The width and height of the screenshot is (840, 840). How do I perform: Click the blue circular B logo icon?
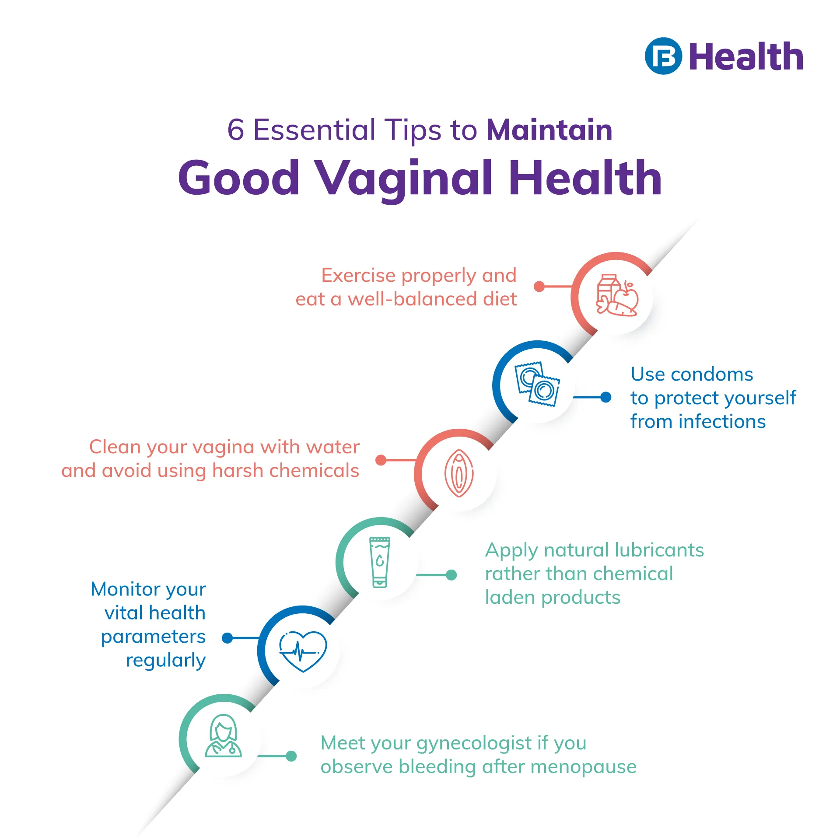(x=663, y=56)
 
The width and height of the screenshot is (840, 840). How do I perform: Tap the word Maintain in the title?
(x=549, y=130)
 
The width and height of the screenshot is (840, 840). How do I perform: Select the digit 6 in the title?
(x=235, y=130)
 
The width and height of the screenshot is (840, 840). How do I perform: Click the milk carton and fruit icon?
(x=617, y=295)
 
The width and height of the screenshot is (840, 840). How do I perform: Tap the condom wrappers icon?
(x=537, y=384)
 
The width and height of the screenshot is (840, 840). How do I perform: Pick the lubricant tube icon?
(x=380, y=562)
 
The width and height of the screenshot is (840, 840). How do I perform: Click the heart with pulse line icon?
(x=303, y=651)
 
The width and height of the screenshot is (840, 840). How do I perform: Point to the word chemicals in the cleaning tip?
(x=314, y=471)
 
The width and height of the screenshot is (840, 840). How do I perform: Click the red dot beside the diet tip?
(x=539, y=287)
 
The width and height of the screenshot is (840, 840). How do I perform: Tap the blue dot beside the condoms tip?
(x=605, y=397)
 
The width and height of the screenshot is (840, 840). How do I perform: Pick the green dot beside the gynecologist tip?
(x=291, y=756)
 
